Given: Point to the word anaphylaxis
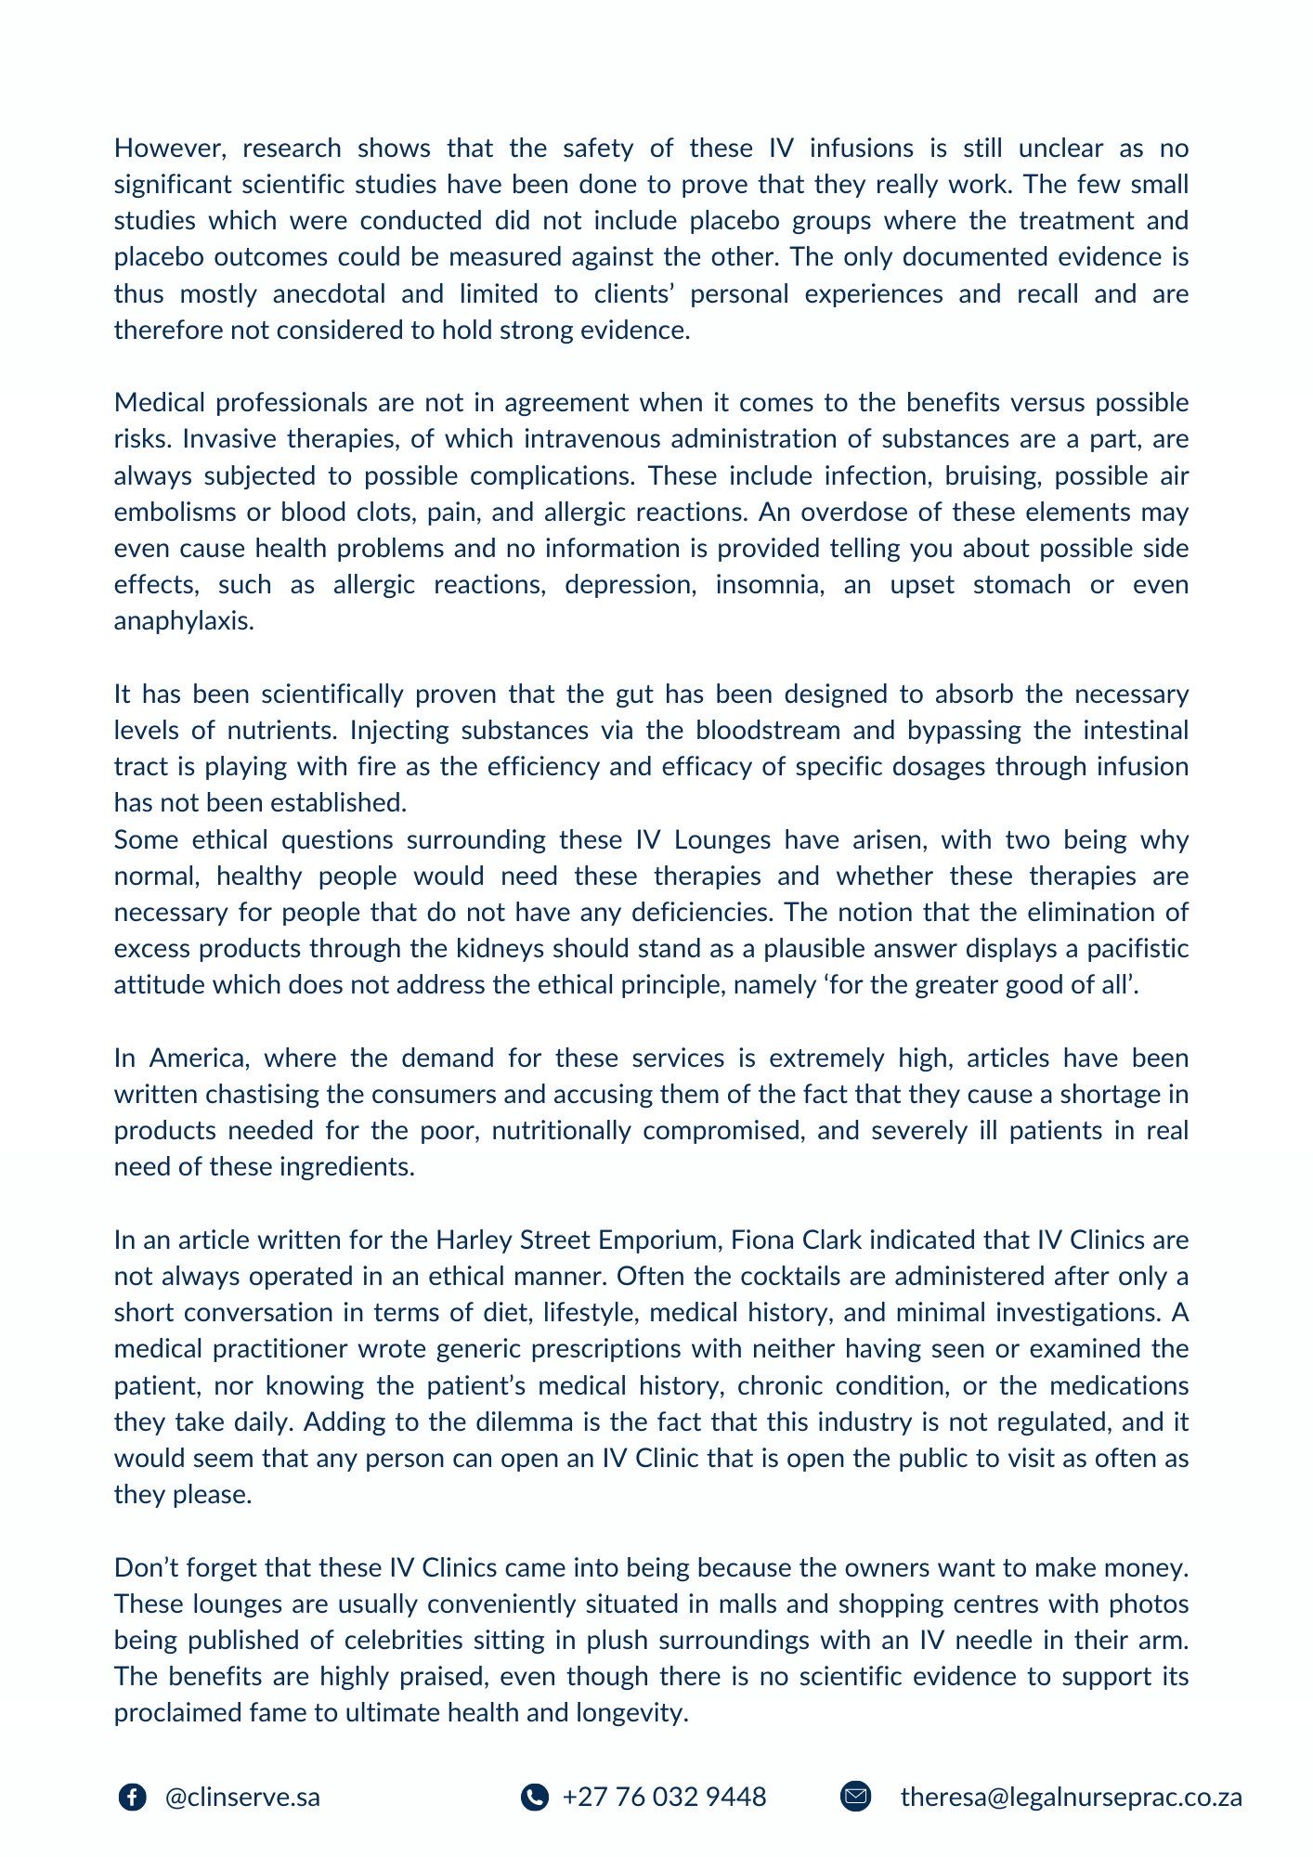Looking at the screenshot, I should tap(183, 621).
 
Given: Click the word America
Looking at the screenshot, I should tap(201, 1058).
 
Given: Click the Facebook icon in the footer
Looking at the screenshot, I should tap(133, 1798).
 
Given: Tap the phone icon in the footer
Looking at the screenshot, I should tap(534, 1798).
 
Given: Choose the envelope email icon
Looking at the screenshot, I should tap(855, 1798).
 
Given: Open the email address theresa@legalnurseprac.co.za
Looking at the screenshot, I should tap(1071, 1798).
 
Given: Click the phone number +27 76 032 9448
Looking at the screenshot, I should tap(664, 1798).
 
